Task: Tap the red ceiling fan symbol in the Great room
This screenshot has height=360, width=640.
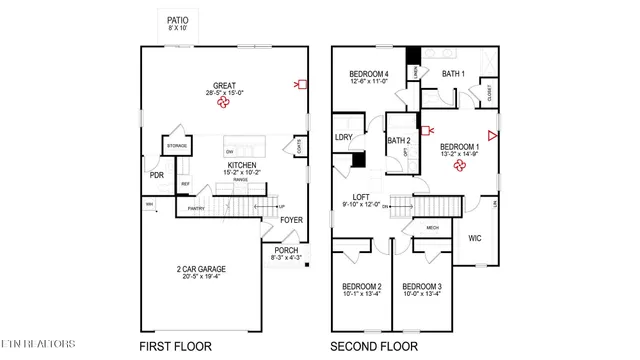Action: click(224, 101)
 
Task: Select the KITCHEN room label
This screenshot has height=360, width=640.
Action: click(242, 165)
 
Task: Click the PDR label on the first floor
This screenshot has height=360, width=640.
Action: click(157, 175)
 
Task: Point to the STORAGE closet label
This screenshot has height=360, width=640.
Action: click(177, 146)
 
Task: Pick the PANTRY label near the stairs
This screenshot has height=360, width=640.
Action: click(195, 209)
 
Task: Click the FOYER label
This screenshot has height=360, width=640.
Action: click(291, 219)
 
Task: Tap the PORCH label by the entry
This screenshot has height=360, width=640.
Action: click(285, 250)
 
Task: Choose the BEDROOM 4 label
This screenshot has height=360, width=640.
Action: click(368, 74)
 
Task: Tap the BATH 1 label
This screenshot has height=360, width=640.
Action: click(454, 74)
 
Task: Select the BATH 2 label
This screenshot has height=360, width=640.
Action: click(399, 141)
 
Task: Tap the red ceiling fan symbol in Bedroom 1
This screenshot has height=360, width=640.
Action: click(459, 167)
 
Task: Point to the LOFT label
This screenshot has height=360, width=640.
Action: click(361, 197)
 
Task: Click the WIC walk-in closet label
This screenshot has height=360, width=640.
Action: click(476, 238)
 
